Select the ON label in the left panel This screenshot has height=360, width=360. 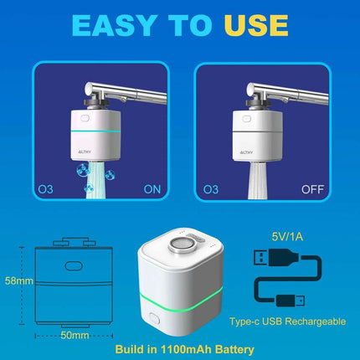[x=153, y=190]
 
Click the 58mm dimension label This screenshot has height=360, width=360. [x=17, y=280]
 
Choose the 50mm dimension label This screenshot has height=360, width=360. [x=73, y=335]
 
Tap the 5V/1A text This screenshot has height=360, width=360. [x=289, y=237]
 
